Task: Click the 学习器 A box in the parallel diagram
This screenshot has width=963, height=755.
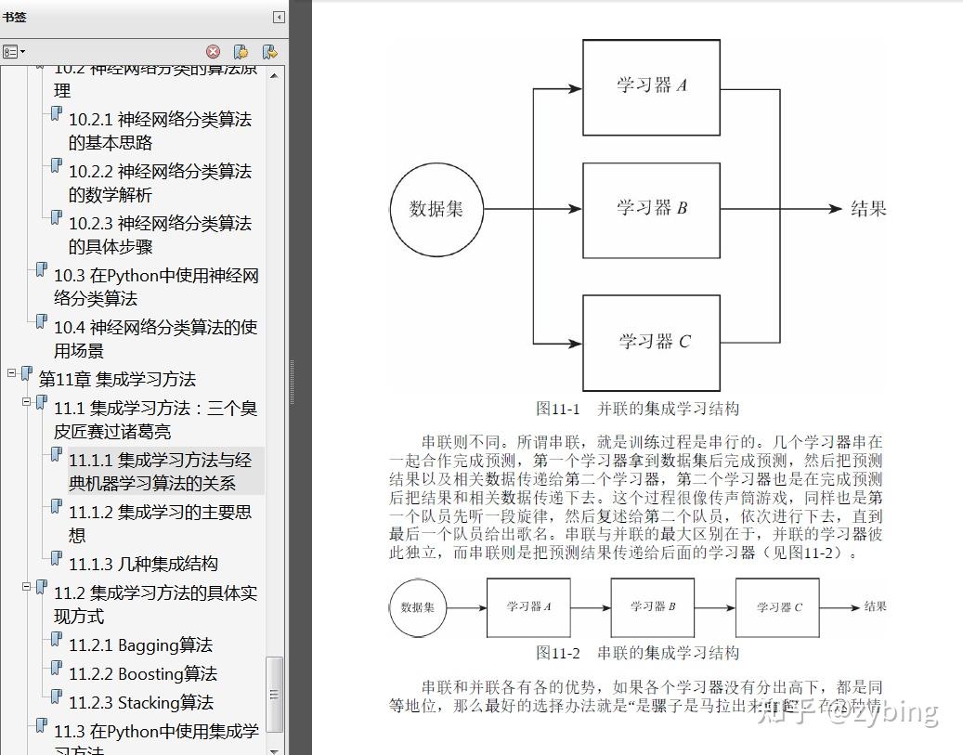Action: tap(651, 87)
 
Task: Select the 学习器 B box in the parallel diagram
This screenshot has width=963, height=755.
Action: tap(651, 210)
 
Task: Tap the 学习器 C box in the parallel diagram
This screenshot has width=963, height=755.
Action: tap(651, 343)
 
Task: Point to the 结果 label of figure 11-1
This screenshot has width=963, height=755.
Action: tap(868, 209)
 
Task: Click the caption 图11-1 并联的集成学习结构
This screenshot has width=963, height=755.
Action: tap(637, 409)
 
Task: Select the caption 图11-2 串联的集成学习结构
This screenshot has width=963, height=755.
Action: tap(637, 653)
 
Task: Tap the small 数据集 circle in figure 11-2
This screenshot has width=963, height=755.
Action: tap(418, 608)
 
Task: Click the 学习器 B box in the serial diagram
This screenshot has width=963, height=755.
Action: tap(652, 607)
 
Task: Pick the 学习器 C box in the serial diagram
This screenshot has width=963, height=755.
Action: tap(778, 607)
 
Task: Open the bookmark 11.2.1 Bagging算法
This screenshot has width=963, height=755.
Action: tap(140, 645)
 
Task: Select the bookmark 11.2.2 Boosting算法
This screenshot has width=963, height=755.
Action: tap(142, 674)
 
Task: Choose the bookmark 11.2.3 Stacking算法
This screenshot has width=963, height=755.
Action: tap(141, 703)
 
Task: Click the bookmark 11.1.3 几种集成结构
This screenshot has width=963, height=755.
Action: tap(143, 564)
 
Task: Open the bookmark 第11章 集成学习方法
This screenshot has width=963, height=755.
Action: tap(117, 379)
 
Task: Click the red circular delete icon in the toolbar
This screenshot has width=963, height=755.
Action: tap(213, 52)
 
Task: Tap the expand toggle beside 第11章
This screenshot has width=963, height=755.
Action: tap(11, 373)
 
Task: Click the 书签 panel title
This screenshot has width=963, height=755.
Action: tap(15, 17)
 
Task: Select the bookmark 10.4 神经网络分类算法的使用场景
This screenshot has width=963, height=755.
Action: tap(155, 339)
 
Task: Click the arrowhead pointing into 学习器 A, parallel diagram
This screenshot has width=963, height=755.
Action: tap(576, 88)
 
